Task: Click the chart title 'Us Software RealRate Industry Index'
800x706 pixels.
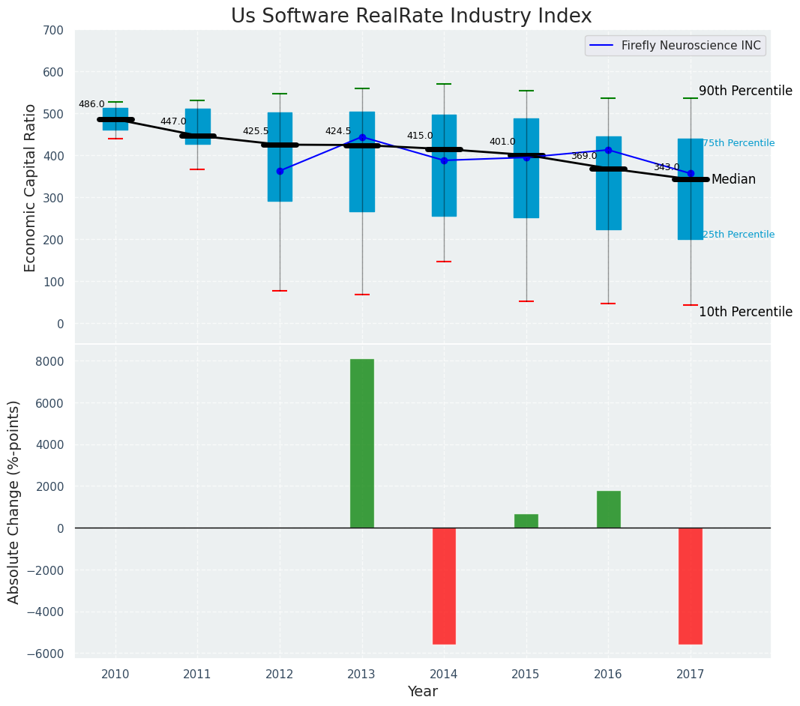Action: [411, 16]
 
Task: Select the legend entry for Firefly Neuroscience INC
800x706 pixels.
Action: [691, 46]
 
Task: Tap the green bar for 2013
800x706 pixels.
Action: [362, 443]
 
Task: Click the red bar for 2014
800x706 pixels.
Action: [444, 585]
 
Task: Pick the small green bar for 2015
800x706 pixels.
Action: [526, 521]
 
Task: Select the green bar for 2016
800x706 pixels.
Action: [608, 509]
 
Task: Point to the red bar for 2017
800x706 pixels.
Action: [691, 585]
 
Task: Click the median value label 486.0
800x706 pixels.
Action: [91, 104]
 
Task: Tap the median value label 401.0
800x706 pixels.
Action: [502, 142]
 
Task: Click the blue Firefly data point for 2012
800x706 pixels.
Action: [280, 171]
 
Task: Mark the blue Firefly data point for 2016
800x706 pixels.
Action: [608, 150]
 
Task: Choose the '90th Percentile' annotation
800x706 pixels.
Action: [745, 91]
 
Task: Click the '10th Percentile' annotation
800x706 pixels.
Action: [745, 312]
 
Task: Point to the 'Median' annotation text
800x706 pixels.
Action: [733, 179]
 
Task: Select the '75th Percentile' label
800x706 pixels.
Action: [739, 143]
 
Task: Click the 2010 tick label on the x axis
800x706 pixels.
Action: [115, 674]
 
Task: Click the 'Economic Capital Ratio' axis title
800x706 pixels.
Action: [31, 187]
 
